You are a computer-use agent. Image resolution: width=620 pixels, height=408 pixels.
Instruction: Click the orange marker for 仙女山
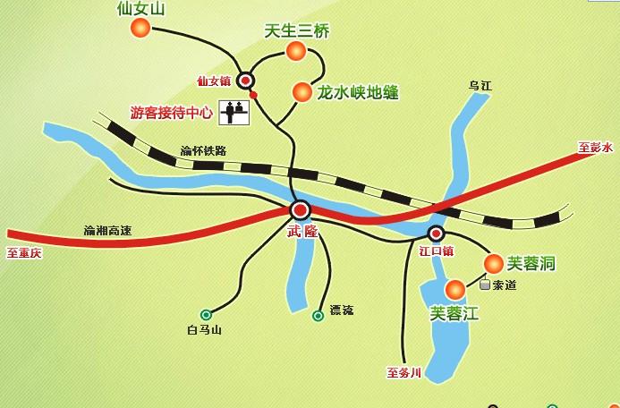click(140, 29)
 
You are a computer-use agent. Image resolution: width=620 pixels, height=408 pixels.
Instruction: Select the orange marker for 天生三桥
click(296, 52)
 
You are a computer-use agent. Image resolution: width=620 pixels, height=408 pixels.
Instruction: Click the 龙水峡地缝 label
click(358, 92)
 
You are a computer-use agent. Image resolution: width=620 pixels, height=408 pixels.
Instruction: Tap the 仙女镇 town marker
click(245, 81)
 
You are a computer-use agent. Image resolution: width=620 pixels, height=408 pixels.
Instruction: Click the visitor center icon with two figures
click(234, 112)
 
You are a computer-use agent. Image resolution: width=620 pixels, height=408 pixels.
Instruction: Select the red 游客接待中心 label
click(172, 114)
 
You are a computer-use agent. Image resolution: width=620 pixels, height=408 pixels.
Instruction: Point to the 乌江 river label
click(481, 85)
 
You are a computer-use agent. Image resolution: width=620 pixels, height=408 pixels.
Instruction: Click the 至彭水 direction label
click(595, 147)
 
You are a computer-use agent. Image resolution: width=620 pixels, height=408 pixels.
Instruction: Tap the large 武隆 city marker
click(300, 210)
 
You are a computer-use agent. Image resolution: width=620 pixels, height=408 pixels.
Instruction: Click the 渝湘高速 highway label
click(107, 231)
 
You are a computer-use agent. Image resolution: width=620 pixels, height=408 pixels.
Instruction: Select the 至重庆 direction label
click(24, 252)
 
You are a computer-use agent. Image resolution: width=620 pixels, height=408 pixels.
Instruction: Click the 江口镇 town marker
click(436, 234)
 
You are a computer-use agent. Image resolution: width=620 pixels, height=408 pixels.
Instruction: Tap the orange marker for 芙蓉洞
click(494, 262)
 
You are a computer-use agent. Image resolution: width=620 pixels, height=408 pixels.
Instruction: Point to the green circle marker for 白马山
click(207, 314)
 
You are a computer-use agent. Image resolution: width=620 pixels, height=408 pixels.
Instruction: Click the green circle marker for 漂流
click(318, 315)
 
